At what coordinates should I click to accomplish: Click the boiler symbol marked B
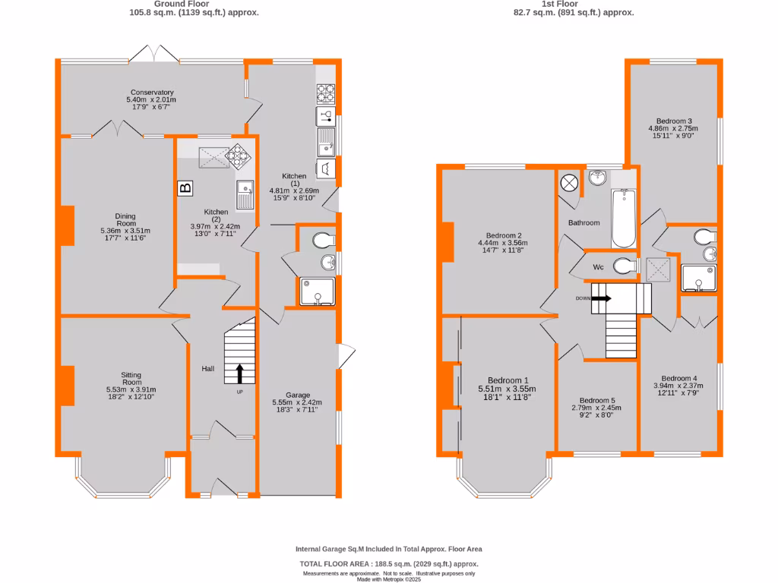click(185, 188)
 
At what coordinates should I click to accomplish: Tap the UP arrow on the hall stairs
click(240, 373)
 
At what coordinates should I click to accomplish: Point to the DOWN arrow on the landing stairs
click(601, 298)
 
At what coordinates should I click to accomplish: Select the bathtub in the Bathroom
click(623, 219)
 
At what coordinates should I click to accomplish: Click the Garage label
click(298, 395)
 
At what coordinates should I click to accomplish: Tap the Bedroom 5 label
click(597, 401)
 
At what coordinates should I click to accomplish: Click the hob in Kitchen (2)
click(239, 156)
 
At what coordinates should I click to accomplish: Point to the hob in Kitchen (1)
click(326, 93)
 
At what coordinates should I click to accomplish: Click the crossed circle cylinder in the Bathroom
click(569, 183)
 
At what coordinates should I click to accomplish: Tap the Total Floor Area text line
click(388, 564)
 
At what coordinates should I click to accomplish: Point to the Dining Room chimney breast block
click(68, 225)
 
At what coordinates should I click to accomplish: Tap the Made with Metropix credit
click(388, 579)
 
